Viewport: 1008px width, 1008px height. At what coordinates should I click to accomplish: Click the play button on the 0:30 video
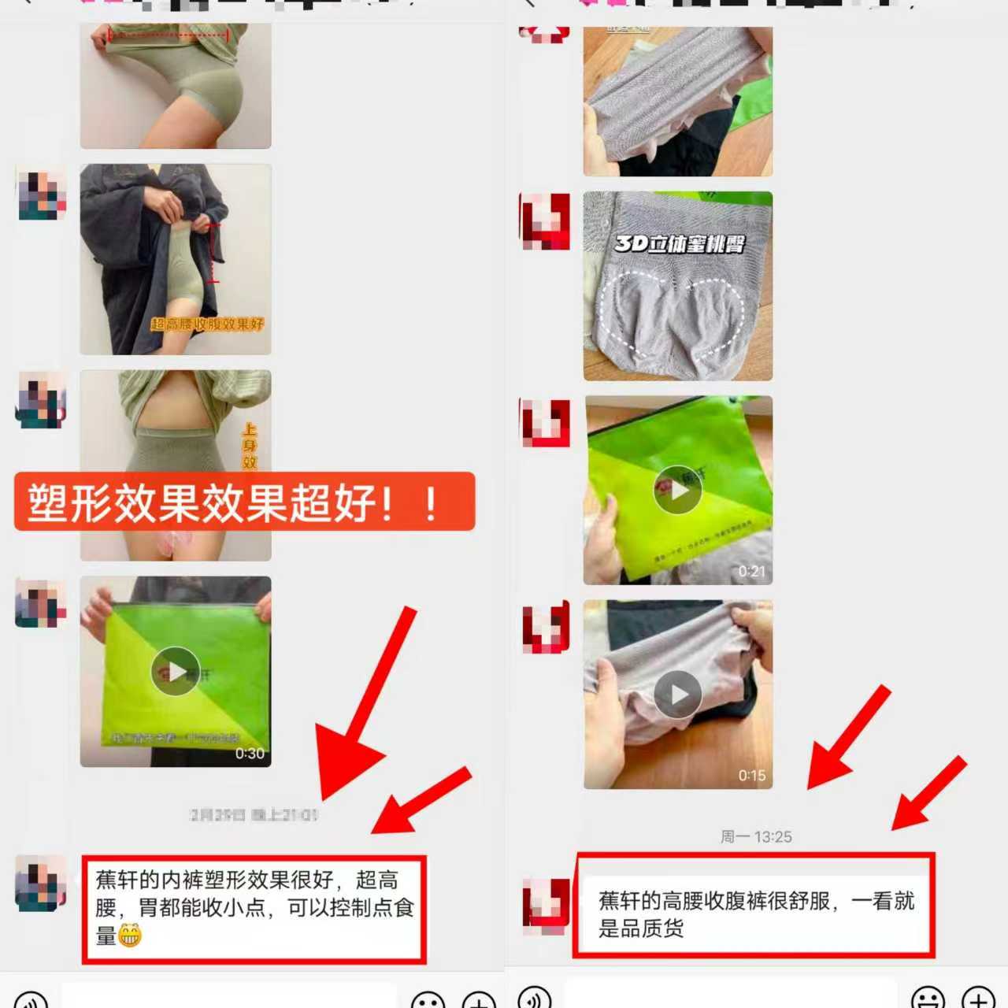pyautogui.click(x=175, y=671)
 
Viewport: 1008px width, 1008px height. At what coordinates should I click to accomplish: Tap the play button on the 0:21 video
pyautogui.click(x=677, y=490)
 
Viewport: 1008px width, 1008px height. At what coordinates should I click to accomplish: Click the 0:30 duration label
pyautogui.click(x=250, y=754)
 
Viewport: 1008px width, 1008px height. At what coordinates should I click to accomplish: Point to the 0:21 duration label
pyautogui.click(x=751, y=572)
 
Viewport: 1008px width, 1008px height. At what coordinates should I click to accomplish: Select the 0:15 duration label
pyautogui.click(x=751, y=776)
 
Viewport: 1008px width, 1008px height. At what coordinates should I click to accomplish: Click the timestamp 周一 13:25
pyautogui.click(x=756, y=836)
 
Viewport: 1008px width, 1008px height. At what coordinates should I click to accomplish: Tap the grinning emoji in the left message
pyautogui.click(x=130, y=936)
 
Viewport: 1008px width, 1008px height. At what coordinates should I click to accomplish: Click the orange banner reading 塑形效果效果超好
pyautogui.click(x=244, y=502)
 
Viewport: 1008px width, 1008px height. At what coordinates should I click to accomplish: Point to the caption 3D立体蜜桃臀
pyautogui.click(x=679, y=244)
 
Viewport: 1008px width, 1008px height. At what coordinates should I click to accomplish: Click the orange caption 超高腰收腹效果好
pyautogui.click(x=207, y=324)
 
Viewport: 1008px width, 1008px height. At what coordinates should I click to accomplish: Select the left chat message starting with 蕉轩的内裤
pyautogui.click(x=254, y=907)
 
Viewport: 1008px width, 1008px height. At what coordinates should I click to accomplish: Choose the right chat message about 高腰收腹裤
pyautogui.click(x=754, y=913)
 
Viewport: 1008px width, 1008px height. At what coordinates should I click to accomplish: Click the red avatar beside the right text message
pyautogui.click(x=546, y=906)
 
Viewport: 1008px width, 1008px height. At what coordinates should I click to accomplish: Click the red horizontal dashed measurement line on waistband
pyautogui.click(x=169, y=35)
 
